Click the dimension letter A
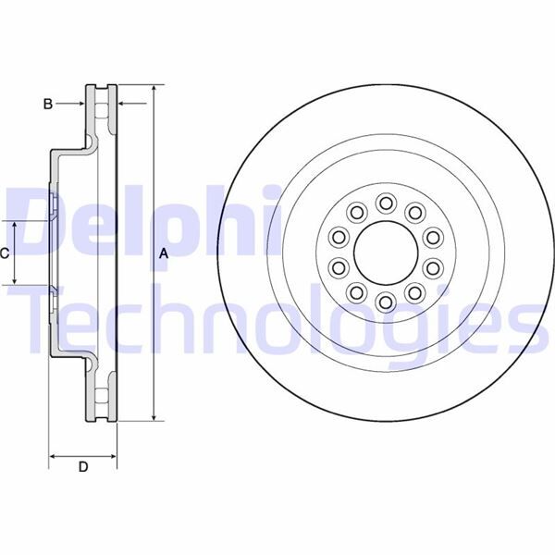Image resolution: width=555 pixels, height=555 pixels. pos(164,253)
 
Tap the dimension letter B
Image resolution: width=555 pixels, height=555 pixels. pos(48,105)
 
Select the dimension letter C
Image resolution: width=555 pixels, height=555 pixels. pos(6,253)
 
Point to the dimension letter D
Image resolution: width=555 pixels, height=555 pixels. pos(83,468)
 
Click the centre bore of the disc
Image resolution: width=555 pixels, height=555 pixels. pos(381,252)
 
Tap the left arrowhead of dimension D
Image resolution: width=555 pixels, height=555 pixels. pos(53,456)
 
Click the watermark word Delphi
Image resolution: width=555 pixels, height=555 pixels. pos(139,219)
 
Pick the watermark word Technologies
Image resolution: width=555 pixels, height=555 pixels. pos(277,319)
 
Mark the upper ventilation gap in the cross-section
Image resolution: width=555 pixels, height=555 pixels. pos(102,113)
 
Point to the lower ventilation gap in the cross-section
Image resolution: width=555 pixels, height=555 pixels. pos(102,393)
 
